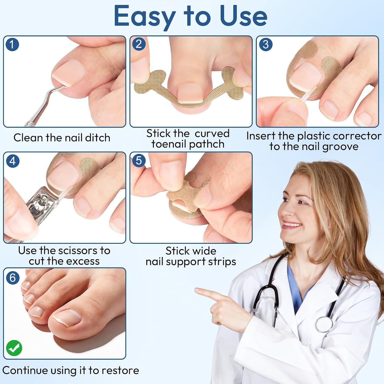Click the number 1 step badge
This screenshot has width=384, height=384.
12,44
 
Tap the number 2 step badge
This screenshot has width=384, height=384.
139,44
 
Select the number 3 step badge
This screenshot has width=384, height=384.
265,44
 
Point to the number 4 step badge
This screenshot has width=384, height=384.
13,161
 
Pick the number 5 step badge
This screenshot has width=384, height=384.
139,161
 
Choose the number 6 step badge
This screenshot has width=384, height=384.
13,278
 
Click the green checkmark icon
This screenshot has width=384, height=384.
14,348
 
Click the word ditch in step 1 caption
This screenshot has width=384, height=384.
98,138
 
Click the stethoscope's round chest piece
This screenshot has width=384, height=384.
324,324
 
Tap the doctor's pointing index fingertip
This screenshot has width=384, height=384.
197,290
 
